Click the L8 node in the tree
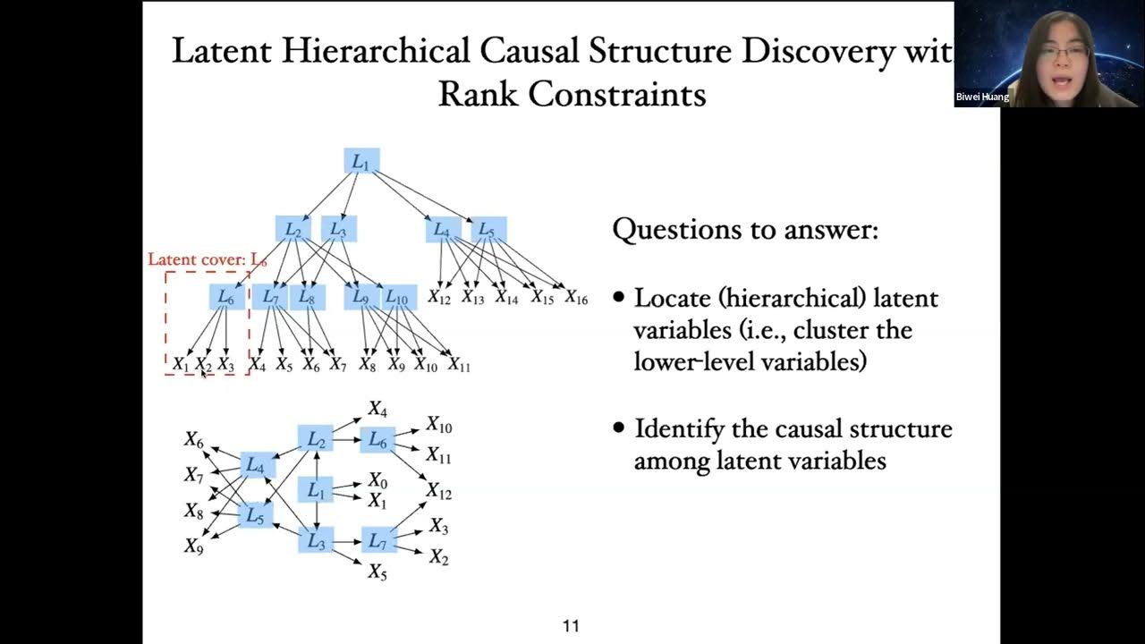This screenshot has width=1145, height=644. click(x=306, y=297)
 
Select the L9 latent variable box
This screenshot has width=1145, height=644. click(x=360, y=297)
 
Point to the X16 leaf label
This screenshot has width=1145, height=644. click(x=576, y=298)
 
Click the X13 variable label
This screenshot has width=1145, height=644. click(x=472, y=298)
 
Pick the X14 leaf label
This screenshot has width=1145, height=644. click(x=506, y=298)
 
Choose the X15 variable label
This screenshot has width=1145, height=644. click(x=542, y=298)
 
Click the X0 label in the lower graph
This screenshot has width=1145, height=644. click(x=377, y=481)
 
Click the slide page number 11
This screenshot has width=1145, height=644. click(x=571, y=626)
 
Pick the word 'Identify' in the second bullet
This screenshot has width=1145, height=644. click(x=678, y=428)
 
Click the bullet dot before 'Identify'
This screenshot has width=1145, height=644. click(x=619, y=428)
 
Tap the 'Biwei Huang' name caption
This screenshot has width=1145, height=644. click(x=982, y=97)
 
